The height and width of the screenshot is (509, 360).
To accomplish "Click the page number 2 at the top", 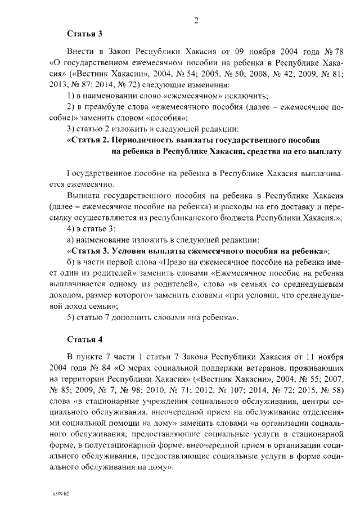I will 196,21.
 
